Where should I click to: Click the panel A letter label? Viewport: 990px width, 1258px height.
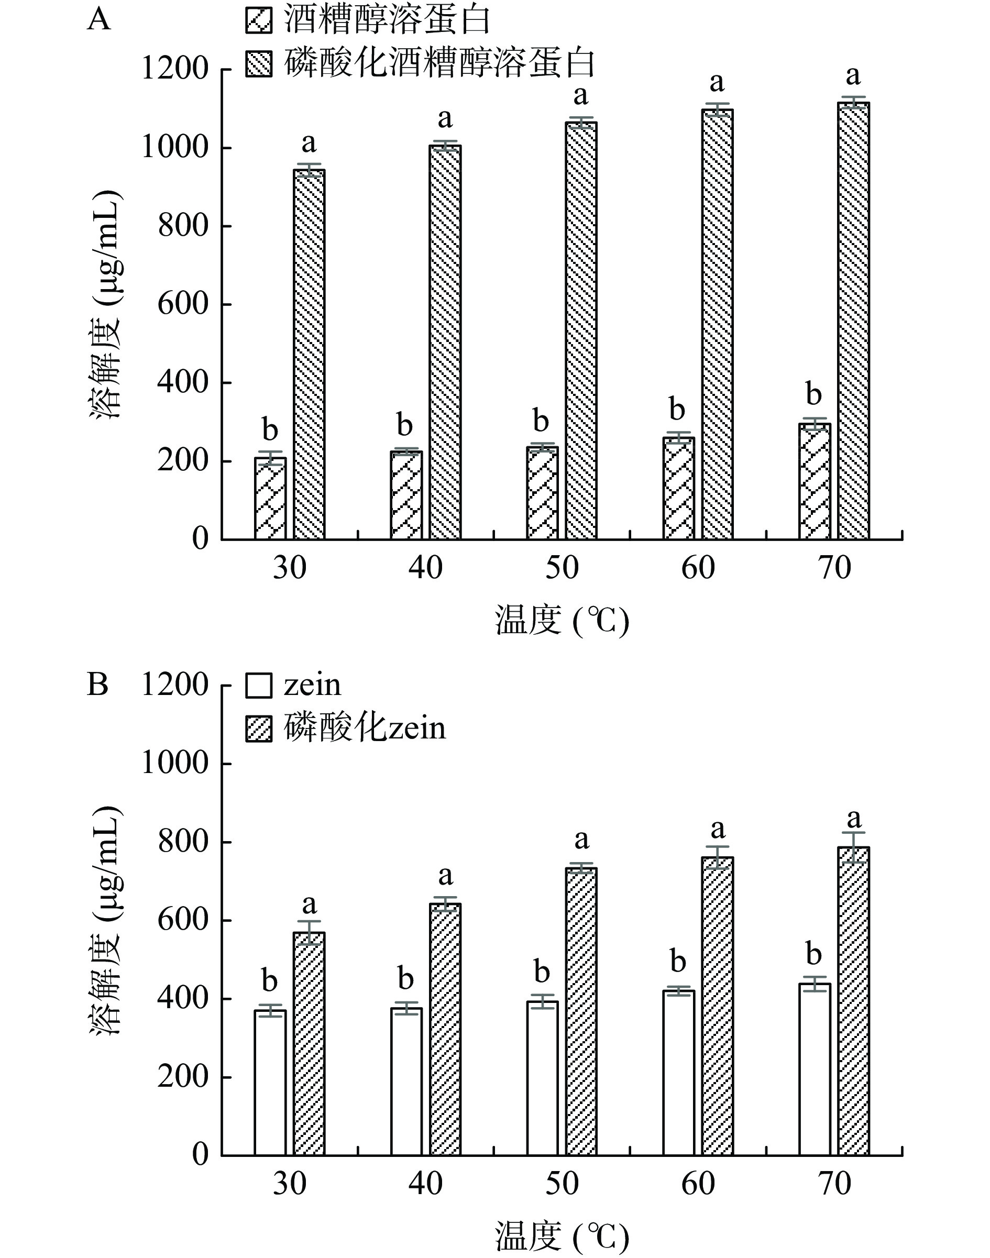99,20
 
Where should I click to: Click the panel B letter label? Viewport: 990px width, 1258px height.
98,685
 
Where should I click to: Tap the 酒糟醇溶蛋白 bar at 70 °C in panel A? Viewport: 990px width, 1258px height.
815,481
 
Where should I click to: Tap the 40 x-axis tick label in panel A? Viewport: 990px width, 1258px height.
426,568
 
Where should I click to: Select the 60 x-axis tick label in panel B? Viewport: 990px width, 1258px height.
698,1184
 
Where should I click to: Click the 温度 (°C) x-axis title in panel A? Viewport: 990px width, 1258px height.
562,621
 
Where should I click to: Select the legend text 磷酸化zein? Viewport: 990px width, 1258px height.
365,727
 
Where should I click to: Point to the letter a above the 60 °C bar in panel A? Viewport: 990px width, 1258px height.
718,82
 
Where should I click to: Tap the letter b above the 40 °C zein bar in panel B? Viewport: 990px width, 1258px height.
406,979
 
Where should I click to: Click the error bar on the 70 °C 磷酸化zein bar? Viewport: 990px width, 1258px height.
853,848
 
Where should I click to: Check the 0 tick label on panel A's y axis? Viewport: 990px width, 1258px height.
200,539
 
